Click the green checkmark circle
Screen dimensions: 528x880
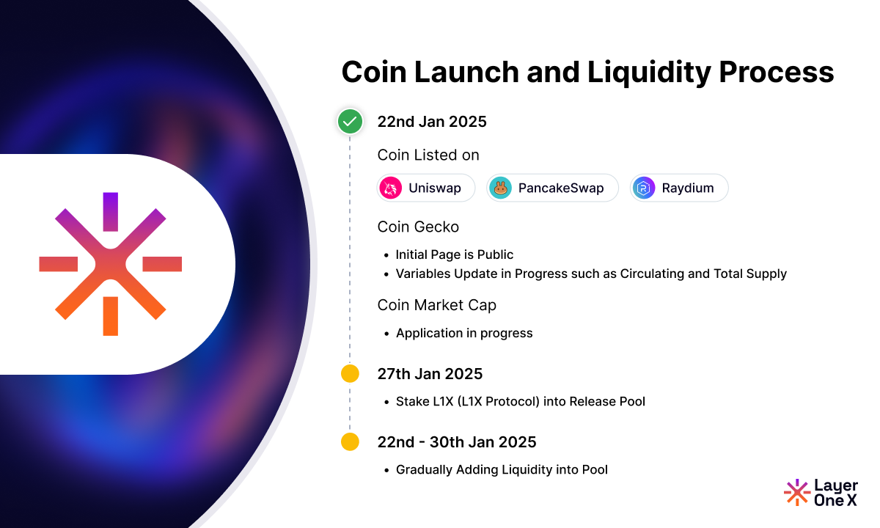click(350, 121)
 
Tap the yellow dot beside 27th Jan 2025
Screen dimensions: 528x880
click(350, 374)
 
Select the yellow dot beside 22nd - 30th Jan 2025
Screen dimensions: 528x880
click(350, 442)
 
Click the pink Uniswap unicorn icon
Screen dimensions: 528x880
click(392, 188)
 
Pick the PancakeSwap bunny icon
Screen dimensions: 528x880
click(500, 188)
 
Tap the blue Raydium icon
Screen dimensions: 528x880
click(643, 188)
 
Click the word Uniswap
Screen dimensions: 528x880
click(435, 188)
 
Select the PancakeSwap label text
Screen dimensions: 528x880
click(561, 188)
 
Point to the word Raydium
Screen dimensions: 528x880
click(687, 188)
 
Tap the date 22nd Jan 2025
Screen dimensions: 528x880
click(432, 122)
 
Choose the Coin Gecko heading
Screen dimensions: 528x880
click(418, 227)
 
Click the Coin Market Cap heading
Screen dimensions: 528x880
click(437, 305)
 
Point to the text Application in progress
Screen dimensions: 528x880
click(464, 333)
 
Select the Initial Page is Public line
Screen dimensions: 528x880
click(455, 254)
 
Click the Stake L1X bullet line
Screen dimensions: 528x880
click(521, 401)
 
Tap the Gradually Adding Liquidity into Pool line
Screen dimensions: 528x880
click(502, 469)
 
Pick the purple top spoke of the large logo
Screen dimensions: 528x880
click(110, 210)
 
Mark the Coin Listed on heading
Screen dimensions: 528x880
click(428, 155)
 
